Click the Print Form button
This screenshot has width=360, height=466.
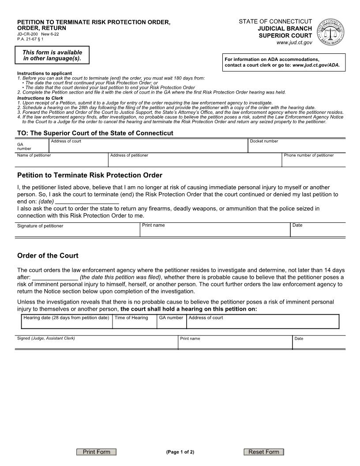pos(96,452)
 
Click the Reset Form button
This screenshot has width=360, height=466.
pos(264,452)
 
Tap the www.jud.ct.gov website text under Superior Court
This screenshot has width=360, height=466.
pos(294,42)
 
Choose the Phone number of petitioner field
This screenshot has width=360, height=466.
pos(313,162)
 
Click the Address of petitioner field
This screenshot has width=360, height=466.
pos(194,162)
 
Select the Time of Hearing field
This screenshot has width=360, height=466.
pos(134,323)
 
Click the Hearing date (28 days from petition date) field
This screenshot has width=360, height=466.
pos(67,323)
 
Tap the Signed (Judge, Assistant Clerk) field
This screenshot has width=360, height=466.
pos(96,344)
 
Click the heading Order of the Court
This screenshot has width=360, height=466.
pos(48,256)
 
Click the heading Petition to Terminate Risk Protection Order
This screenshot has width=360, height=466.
pos(90,175)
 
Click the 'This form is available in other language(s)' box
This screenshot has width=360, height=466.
pos(52,55)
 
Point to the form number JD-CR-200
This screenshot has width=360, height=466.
pos(27,34)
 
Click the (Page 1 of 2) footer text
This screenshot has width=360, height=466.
pos(180,452)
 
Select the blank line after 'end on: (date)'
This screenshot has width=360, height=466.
pos(87,201)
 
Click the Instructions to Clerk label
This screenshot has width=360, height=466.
pos(40,98)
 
